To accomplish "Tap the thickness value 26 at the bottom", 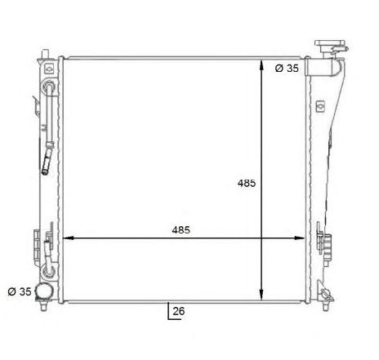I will [180, 311].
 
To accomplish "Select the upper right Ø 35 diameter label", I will [287, 69].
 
